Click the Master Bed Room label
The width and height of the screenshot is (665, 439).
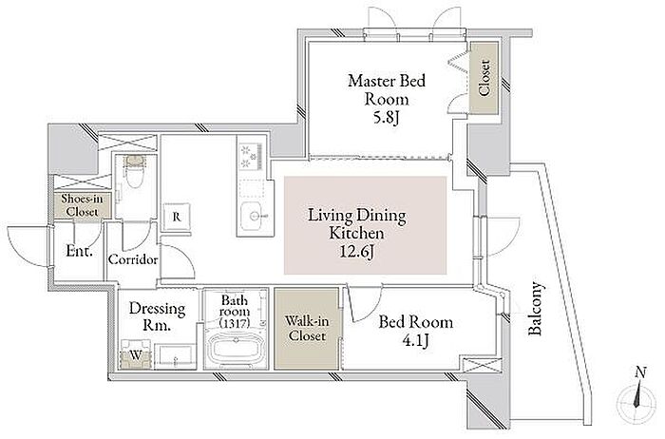point(387,89)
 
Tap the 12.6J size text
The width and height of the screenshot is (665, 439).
point(356,253)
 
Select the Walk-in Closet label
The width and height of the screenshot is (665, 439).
point(306,328)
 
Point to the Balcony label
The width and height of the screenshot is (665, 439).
point(535,308)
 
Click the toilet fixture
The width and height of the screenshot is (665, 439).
point(134,172)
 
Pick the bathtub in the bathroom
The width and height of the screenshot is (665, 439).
point(235,350)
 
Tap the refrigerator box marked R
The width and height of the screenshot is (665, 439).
point(177,218)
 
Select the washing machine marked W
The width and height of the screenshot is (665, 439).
point(136,354)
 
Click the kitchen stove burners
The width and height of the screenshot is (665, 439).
point(250,157)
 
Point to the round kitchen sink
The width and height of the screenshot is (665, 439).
point(254,217)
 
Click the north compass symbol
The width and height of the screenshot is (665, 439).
point(637,396)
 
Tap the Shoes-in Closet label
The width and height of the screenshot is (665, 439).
point(82,205)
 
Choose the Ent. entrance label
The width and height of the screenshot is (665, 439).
point(79,251)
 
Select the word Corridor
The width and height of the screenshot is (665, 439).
point(133,259)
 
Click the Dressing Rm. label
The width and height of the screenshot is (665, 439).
point(157,316)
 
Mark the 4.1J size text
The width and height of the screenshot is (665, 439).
point(416,340)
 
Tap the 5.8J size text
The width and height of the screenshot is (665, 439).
point(386,118)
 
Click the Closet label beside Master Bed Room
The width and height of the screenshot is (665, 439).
point(484,78)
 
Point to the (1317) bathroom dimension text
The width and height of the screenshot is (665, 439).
point(235,323)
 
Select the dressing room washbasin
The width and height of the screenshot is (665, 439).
point(175,356)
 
